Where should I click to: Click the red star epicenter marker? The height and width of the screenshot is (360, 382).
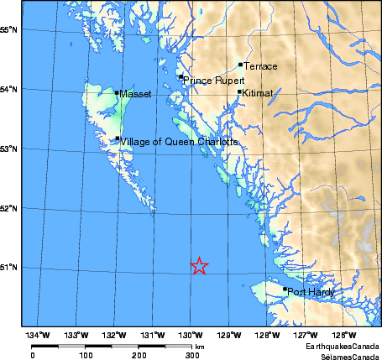point(199,266)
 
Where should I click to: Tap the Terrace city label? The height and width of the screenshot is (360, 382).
point(260,65)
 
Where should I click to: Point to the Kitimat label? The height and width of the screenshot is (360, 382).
point(258,93)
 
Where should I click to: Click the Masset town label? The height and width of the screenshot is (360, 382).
point(135,94)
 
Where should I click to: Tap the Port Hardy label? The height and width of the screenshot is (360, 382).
point(311,292)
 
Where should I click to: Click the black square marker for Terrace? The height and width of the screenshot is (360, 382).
point(240,64)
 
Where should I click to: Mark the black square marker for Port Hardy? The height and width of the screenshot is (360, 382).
point(285,289)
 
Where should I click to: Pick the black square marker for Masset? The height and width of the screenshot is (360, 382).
point(117,92)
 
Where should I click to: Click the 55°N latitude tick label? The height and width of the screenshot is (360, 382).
point(10,29)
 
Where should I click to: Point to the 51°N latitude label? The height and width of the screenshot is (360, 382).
point(10,268)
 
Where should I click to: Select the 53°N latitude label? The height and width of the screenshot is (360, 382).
point(10,149)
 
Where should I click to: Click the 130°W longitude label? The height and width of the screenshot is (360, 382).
point(190,337)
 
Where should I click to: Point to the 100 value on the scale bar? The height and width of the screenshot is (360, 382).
point(85,354)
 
